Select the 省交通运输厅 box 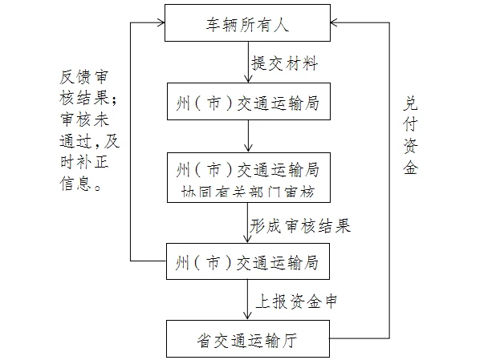[248, 339]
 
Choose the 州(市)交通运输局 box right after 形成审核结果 [248, 262]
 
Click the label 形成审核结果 [299, 226]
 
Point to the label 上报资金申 [295, 301]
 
